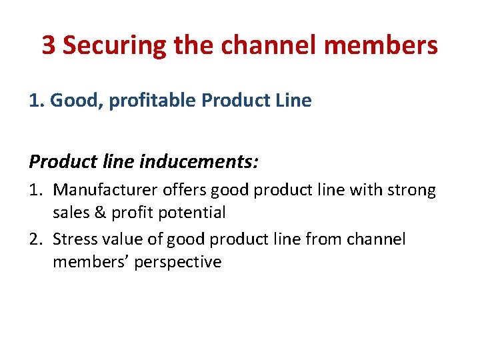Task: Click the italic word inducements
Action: click(204, 162)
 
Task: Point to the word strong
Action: click(409, 191)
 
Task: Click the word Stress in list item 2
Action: click(73, 239)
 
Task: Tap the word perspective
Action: click(177, 262)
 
